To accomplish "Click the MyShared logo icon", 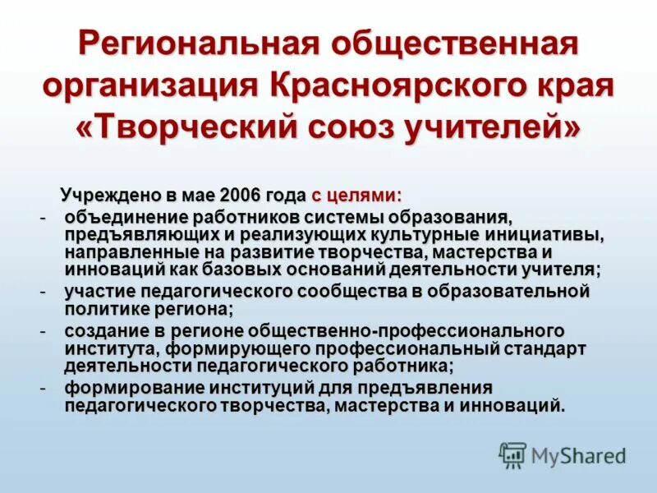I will click(x=512, y=455).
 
